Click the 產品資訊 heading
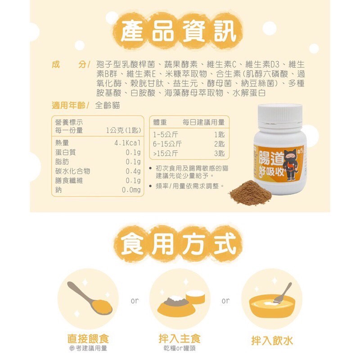(x=178, y=31)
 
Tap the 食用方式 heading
(x=178, y=244)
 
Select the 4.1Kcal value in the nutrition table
(x=127, y=143)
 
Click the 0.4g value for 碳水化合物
(x=133, y=171)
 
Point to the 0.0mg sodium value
(x=131, y=190)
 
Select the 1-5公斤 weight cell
(x=165, y=135)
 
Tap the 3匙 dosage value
(x=220, y=153)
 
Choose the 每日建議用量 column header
(x=203, y=122)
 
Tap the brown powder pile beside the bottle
(x=250, y=192)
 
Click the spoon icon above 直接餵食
(x=90, y=298)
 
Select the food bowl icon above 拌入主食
(x=180, y=302)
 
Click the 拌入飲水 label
(x=272, y=341)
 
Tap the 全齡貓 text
(x=107, y=105)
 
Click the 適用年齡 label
(x=69, y=105)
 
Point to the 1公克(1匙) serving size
(x=123, y=130)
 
